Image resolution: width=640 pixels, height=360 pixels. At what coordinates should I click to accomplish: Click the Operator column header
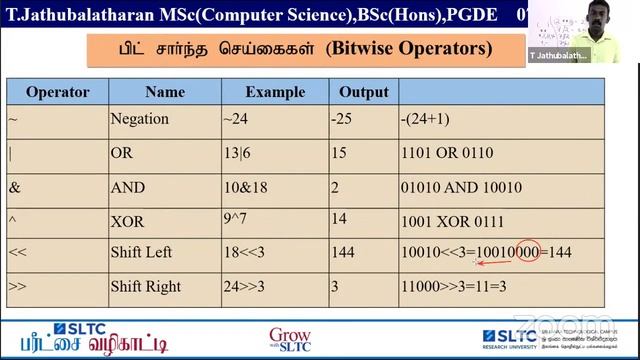[57, 92]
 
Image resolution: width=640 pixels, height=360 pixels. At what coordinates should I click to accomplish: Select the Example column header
[275, 92]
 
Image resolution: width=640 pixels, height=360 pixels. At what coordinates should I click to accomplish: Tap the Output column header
[363, 92]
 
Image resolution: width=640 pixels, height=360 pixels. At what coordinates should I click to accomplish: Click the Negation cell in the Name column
[139, 119]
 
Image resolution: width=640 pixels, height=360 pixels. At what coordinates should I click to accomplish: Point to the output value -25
[342, 119]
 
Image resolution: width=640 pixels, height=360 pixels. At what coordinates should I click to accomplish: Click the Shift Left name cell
[141, 253]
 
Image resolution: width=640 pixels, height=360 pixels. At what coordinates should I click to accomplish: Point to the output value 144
[343, 253]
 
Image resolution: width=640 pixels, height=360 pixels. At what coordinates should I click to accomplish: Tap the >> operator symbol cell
[17, 286]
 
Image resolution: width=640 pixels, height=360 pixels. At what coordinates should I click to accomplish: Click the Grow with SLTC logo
[290, 339]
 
